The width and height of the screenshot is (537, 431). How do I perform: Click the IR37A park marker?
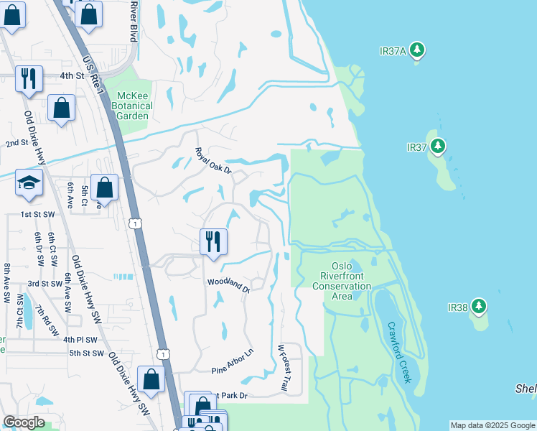tap(417, 50)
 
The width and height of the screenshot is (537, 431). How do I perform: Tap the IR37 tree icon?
tap(437, 147)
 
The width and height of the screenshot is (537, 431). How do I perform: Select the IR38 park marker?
tap(478, 307)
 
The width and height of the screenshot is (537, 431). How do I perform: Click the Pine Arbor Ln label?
tap(233, 361)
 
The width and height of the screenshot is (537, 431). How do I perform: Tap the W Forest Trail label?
tap(283, 368)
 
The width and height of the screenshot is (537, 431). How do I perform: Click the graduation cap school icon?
tap(29, 183)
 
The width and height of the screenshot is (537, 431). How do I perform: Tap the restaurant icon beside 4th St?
tap(29, 78)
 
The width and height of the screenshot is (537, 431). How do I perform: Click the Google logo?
tap(24, 422)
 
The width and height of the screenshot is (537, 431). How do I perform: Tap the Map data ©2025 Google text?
tap(492, 425)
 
